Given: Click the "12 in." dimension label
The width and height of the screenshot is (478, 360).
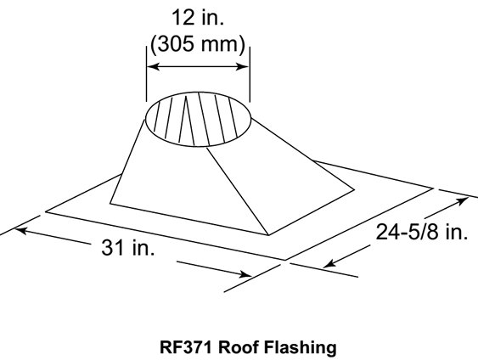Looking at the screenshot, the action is [x=198, y=17].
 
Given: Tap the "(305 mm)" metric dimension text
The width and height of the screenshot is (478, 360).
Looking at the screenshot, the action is [x=198, y=44].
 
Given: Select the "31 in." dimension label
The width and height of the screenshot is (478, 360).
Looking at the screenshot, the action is [x=127, y=247].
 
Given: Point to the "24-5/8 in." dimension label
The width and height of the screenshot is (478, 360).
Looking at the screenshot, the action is [x=422, y=232].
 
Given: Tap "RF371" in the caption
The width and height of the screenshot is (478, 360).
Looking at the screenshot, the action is [x=185, y=347].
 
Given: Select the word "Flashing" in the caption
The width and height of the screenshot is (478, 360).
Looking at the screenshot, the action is [x=300, y=347].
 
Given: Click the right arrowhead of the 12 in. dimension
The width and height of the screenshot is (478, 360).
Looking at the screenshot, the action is [x=244, y=66].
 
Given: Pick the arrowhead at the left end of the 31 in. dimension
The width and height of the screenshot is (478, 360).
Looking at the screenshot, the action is [x=20, y=230].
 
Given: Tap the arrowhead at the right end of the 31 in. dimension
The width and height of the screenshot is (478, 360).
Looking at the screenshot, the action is [x=245, y=274].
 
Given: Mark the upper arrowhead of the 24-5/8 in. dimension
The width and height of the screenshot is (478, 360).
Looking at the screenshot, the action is [x=463, y=200].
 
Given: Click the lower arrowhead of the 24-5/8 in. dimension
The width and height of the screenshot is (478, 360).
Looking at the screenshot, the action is [x=329, y=264].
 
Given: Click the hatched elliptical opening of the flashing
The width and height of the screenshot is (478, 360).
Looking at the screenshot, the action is [x=199, y=119].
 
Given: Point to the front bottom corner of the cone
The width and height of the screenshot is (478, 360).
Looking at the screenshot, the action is [x=268, y=235].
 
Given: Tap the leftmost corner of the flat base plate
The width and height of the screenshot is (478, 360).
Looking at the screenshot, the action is [x=46, y=211].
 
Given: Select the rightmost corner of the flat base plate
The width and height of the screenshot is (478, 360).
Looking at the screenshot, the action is [x=433, y=188].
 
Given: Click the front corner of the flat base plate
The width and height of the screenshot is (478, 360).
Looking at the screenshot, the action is [x=285, y=260].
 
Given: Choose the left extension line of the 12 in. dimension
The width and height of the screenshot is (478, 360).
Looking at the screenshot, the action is [x=147, y=74].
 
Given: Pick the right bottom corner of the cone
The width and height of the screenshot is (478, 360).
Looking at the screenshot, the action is [x=354, y=190].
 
